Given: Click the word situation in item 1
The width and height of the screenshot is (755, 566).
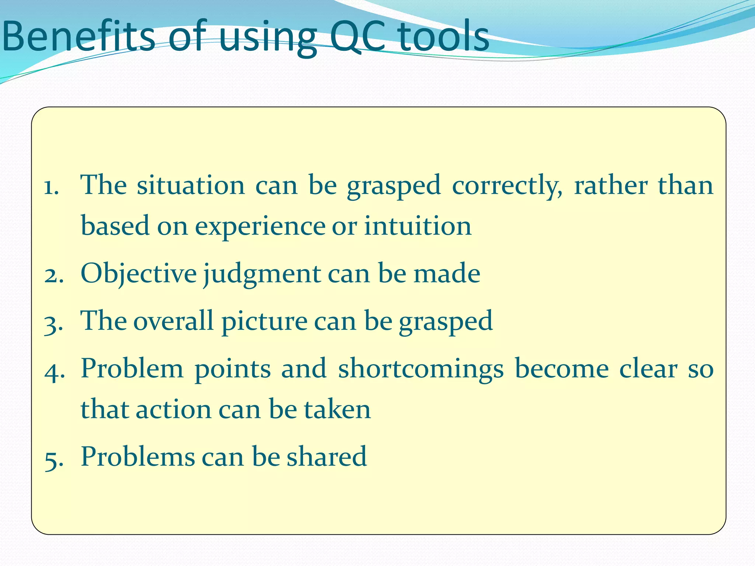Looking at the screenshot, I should click(x=191, y=185).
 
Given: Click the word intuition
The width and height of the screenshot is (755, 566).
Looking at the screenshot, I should click(x=418, y=226).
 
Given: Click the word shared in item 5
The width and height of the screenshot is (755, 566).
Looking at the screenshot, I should click(x=327, y=456).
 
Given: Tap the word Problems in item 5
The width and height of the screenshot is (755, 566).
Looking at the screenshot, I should click(x=138, y=456).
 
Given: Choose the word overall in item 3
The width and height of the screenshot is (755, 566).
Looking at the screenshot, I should click(x=173, y=321).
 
